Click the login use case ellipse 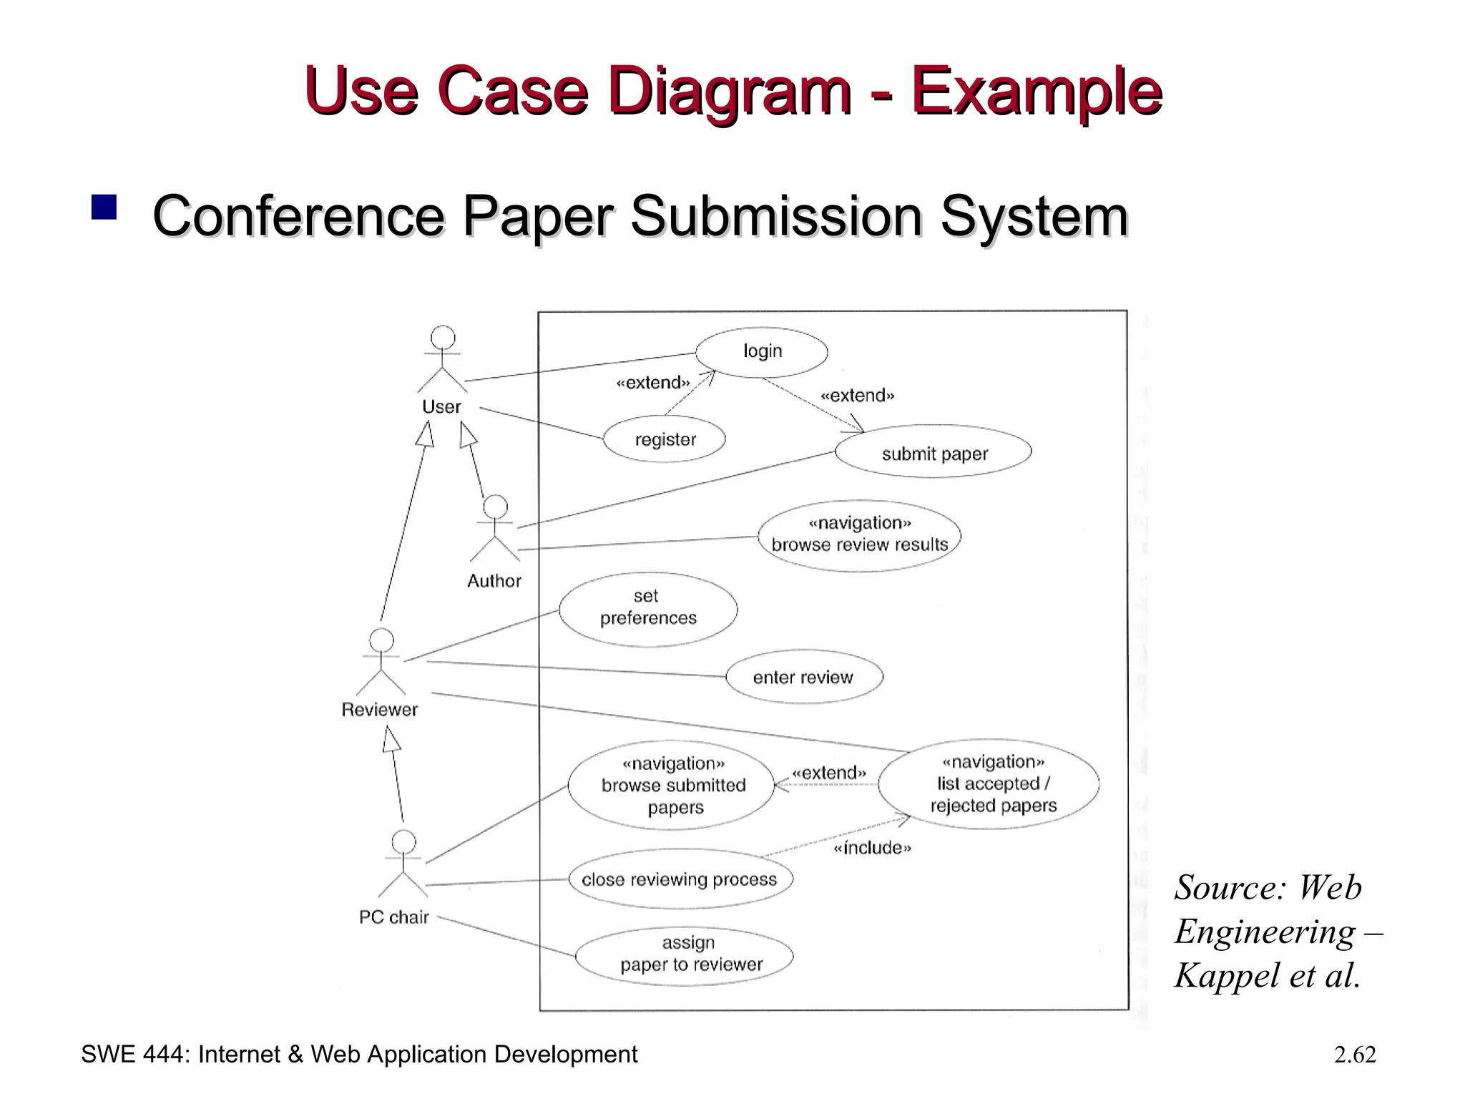762,352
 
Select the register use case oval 665,439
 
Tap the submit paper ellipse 934,454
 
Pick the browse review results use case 859,536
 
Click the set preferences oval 648,609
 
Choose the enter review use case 804,677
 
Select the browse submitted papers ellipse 672,786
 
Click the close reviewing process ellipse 680,879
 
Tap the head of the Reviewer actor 381,640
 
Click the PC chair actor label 394,917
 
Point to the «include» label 873,849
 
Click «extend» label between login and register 652,384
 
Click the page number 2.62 1354,1055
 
